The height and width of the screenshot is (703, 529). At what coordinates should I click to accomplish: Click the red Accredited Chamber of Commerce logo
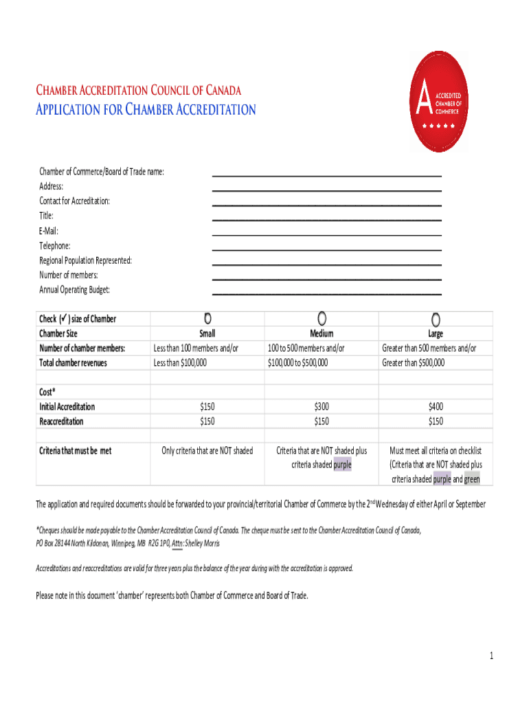(440, 101)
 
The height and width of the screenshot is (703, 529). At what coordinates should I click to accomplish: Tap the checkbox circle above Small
(207, 319)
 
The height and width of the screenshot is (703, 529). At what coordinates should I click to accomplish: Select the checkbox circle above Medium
(322, 319)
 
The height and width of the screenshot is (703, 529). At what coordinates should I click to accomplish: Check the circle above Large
(436, 319)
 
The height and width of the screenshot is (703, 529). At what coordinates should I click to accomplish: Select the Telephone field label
(55, 246)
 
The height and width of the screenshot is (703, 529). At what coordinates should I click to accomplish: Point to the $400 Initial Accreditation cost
(436, 407)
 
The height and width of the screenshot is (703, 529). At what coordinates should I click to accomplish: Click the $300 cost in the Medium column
(322, 407)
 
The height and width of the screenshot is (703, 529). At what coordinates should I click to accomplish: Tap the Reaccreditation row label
(61, 422)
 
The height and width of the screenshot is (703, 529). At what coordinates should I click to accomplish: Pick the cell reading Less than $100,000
(180, 363)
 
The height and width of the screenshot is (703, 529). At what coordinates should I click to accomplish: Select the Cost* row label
(47, 392)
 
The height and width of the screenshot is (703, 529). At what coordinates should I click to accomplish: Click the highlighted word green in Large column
(472, 479)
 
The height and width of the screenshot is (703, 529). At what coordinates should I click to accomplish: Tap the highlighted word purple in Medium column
(342, 465)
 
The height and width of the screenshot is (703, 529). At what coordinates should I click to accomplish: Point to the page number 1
(492, 656)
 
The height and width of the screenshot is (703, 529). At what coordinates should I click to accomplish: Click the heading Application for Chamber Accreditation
(146, 110)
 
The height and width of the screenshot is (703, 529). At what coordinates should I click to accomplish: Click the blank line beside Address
(326, 189)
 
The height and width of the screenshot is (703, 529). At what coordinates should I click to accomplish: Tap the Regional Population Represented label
(85, 261)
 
